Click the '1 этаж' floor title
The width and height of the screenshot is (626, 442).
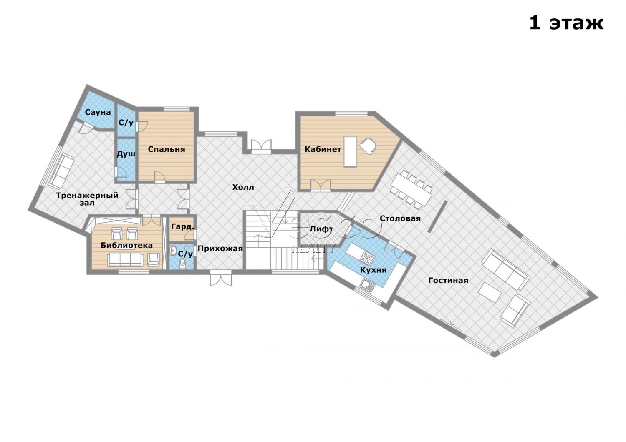point(566,23)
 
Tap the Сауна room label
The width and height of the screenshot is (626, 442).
point(98,112)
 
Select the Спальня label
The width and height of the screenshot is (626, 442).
point(166,149)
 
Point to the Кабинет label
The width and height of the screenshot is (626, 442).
point(323,149)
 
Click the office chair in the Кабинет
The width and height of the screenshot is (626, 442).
point(369,146)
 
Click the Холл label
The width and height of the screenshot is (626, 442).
point(243,187)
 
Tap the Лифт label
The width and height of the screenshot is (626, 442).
point(321,229)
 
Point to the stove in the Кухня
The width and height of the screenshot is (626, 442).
point(367,257)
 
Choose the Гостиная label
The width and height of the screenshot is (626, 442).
point(448,280)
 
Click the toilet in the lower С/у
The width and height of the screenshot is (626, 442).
point(182,263)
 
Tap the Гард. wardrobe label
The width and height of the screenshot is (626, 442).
point(182,227)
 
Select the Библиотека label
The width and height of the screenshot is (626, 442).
point(126,246)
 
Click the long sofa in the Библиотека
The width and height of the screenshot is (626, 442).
point(126,260)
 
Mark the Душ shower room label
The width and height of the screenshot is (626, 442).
point(126,154)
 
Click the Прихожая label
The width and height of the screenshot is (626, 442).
point(220,249)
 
